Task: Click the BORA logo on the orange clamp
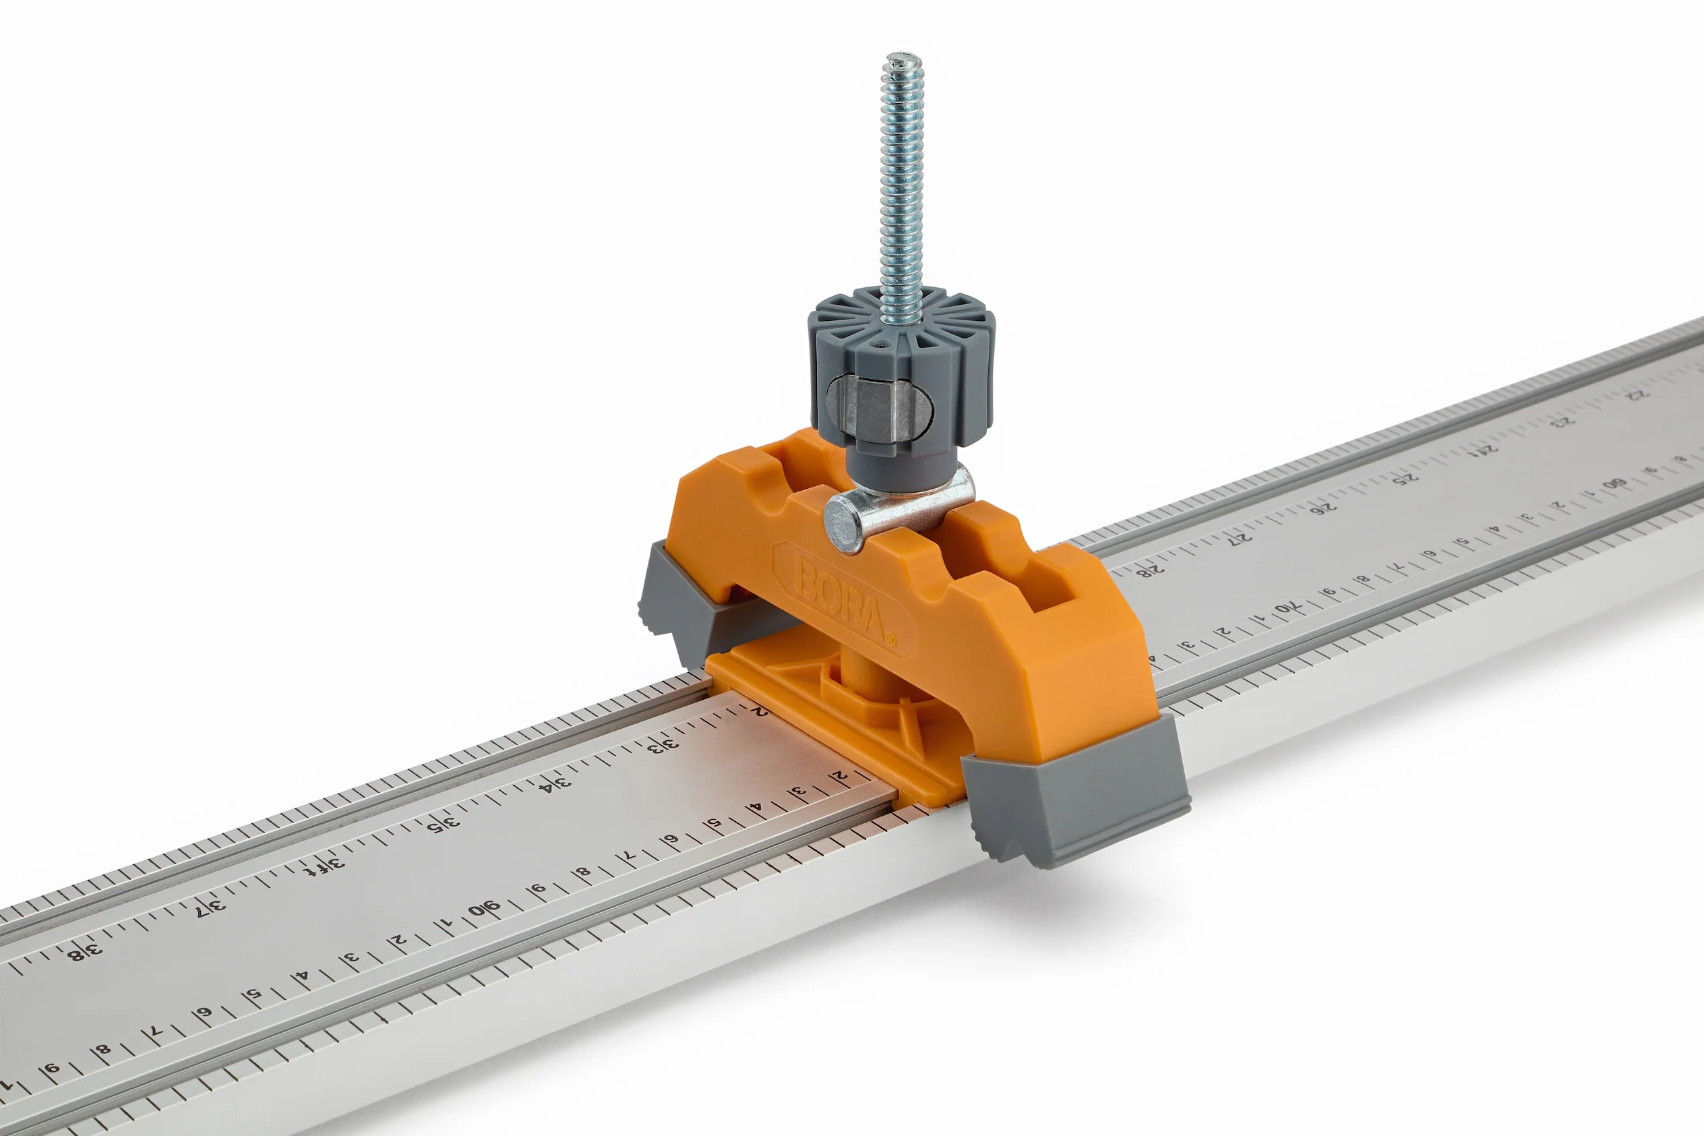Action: pos(840,599)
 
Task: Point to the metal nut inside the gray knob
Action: pos(880,410)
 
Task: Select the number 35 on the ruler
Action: pos(444,825)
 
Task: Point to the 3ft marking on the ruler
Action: pos(324,866)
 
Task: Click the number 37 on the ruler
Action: pos(210,907)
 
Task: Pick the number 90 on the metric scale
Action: pos(484,909)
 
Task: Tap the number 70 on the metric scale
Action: pos(1287,606)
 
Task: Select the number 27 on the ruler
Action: pos(1240,537)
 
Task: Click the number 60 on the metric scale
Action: pos(1614,483)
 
